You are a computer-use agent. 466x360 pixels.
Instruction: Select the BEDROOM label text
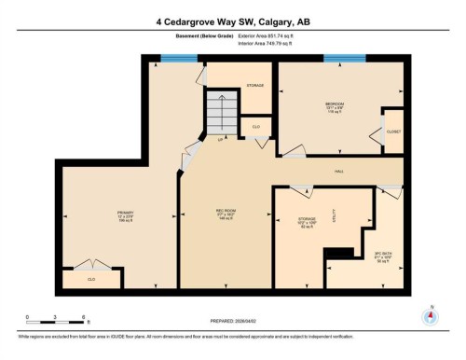point(334,103)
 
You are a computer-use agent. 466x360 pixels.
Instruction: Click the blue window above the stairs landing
point(179,59)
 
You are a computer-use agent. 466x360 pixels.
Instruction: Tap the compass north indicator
point(430,315)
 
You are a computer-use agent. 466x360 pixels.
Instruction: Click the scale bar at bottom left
point(56,314)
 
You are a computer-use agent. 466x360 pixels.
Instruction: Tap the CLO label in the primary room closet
point(91,278)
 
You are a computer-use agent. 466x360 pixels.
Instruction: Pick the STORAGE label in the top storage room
point(255,85)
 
